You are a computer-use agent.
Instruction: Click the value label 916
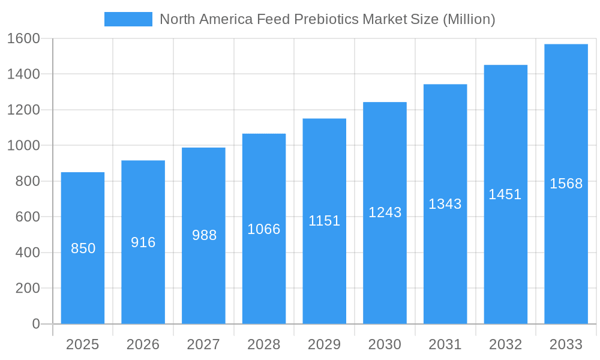(x=143, y=242)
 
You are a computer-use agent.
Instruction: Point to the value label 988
(x=204, y=235)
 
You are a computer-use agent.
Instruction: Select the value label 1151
(x=325, y=221)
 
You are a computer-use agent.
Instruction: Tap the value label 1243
(x=385, y=212)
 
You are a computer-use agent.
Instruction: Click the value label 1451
(x=505, y=194)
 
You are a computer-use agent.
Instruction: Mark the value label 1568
(x=566, y=184)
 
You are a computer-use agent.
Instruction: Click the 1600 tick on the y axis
(x=23, y=38)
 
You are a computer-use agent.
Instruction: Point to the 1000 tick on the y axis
(x=23, y=145)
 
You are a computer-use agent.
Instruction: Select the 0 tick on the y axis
(x=35, y=324)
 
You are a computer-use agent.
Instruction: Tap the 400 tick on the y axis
(x=28, y=253)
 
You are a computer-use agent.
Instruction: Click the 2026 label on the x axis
(x=143, y=344)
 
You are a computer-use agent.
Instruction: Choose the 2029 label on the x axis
(x=325, y=344)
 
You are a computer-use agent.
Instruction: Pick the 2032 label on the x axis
(x=505, y=344)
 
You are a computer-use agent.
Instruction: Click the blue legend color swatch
(x=128, y=19)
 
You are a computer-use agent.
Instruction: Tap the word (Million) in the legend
(x=469, y=19)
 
